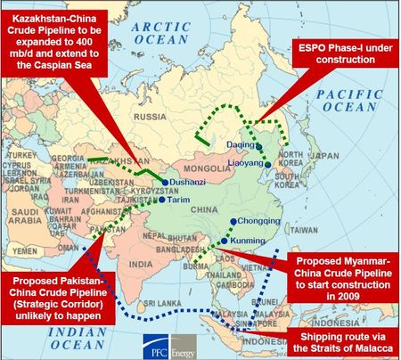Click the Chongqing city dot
pos(233,221)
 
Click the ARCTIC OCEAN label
pos(157,33)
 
